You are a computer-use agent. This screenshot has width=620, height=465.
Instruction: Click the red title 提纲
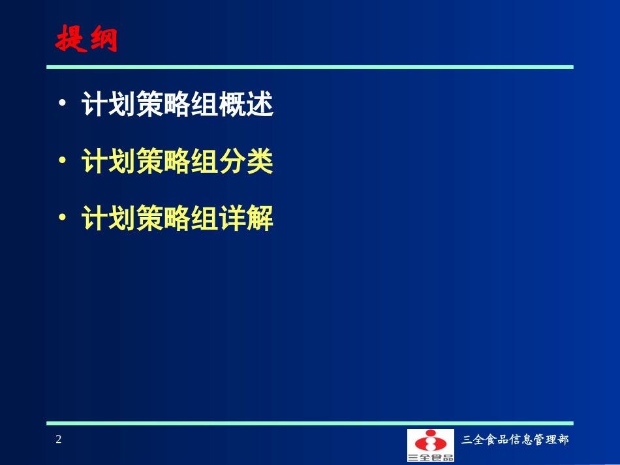pos(86,40)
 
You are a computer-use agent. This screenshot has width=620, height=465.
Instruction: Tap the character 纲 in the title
pos(102,40)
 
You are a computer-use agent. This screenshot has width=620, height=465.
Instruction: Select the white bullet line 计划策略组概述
pos(177,105)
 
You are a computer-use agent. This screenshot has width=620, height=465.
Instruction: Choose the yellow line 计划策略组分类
pos(177,162)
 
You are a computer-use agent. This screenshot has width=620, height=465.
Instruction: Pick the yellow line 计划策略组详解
pos(177,219)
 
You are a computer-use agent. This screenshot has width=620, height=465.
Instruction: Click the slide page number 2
pos(59,440)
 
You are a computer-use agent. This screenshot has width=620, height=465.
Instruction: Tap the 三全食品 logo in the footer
pos(431,445)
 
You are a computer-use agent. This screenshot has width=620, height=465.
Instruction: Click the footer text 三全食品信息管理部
pos(515,440)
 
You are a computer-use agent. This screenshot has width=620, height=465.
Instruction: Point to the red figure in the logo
pos(431,442)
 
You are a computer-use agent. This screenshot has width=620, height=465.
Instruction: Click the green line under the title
pos(309,67)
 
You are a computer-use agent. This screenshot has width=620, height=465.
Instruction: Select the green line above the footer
pos(309,423)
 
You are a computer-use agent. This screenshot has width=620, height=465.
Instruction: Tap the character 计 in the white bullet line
pos(93,105)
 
